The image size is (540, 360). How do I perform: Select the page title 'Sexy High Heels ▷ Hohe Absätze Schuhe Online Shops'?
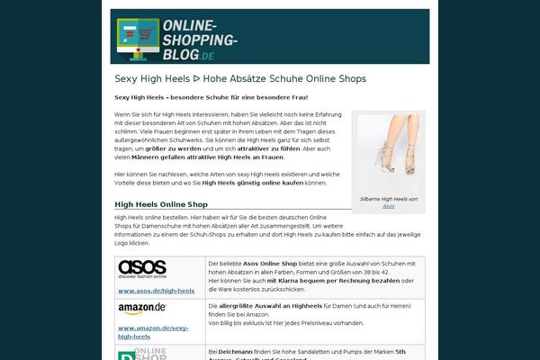240,79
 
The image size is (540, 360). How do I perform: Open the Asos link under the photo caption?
388,206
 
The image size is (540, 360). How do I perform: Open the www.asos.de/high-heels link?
157,291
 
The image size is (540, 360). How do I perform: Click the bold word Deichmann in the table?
236,351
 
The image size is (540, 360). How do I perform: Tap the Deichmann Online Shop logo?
142,353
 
